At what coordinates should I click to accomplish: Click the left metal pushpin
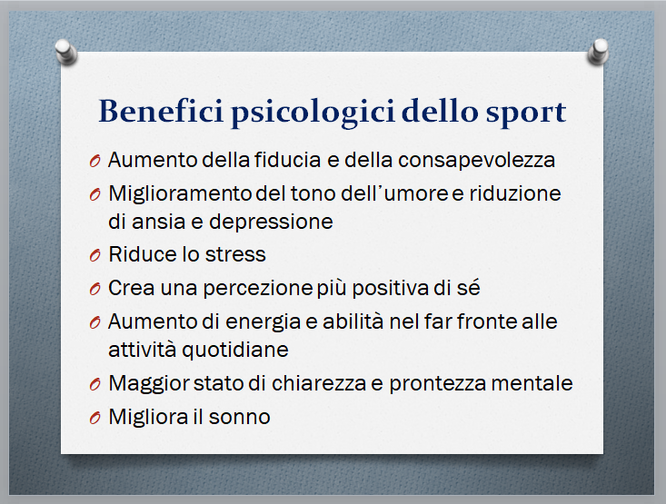(65, 52)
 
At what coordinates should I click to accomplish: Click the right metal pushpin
(599, 52)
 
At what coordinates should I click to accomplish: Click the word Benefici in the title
(161, 111)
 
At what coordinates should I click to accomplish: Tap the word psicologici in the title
(313, 113)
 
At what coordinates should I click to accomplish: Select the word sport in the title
(526, 114)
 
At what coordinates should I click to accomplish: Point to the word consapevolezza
(477, 161)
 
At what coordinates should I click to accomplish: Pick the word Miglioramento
(181, 194)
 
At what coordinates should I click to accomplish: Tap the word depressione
(271, 222)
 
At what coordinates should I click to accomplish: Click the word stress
(235, 255)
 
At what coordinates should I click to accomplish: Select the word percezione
(258, 289)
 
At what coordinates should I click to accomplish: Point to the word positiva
(391, 289)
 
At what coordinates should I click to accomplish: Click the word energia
(263, 322)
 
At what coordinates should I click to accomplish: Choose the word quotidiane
(235, 351)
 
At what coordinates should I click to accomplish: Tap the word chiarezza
(319, 383)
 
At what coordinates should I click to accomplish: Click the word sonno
(240, 418)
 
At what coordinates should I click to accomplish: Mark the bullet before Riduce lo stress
(94, 255)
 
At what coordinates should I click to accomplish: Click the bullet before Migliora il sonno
(94, 418)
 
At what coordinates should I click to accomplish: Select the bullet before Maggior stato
(94, 384)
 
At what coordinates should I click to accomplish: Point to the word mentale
(532, 383)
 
